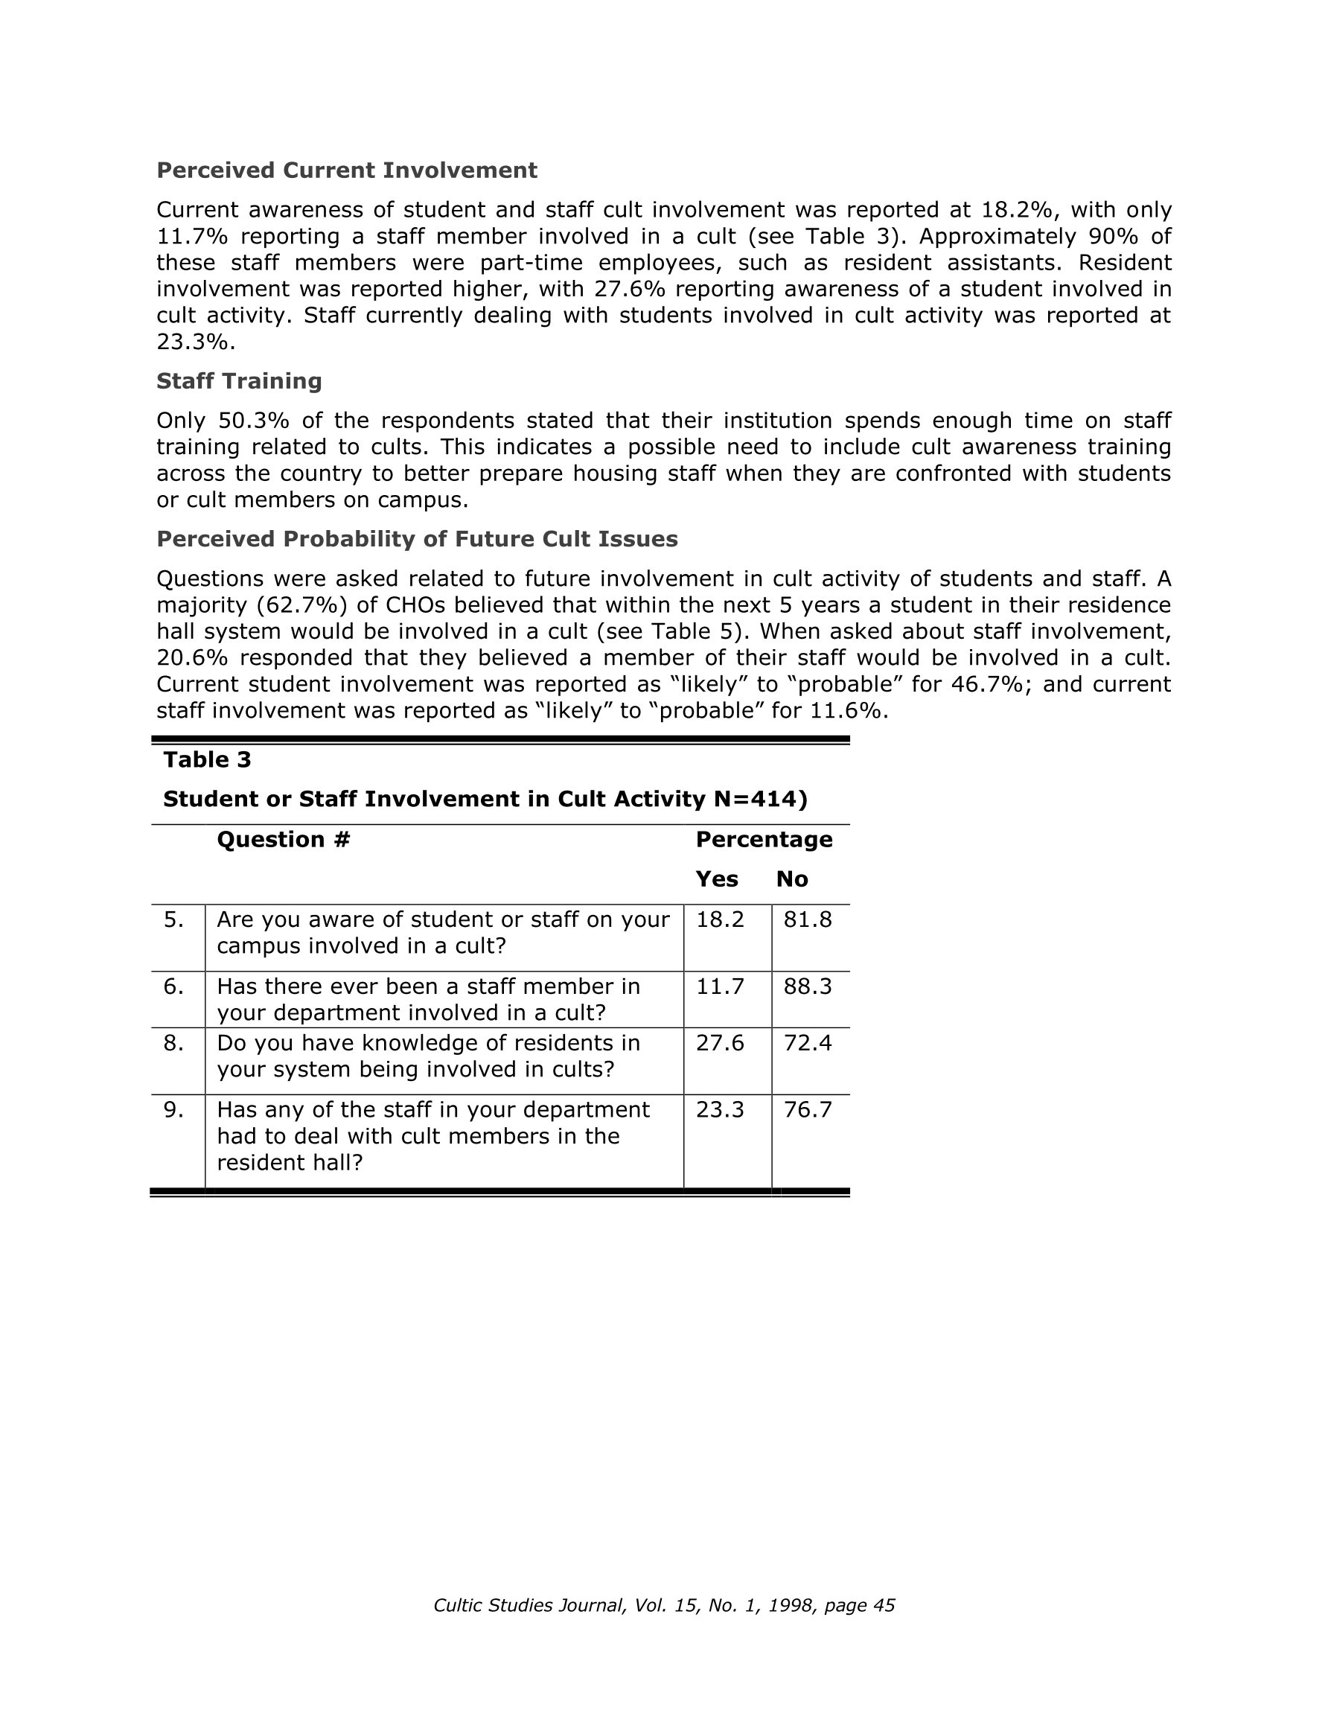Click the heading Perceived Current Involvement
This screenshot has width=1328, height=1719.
pos(346,170)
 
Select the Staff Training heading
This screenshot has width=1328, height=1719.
pos(238,381)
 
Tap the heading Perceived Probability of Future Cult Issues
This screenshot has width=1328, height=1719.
pos(416,539)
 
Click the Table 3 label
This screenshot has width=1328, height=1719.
pos(207,759)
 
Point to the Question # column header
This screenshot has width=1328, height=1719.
pos(283,840)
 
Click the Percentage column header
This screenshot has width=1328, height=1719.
pos(764,840)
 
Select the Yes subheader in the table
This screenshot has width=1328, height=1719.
pos(716,879)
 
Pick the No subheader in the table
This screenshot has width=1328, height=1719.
pos(792,879)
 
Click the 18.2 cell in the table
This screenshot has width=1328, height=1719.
pos(720,919)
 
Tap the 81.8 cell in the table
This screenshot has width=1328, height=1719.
pos(807,919)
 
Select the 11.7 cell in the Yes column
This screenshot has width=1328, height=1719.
pos(720,986)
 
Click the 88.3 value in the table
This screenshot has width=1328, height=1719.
pos(807,986)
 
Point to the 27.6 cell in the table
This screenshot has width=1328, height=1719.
pos(720,1043)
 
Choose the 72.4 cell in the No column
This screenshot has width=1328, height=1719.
pos(807,1043)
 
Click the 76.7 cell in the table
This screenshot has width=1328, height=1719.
pos(807,1110)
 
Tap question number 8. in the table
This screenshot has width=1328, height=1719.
pos(173,1043)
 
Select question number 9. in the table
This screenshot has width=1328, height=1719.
pos(173,1110)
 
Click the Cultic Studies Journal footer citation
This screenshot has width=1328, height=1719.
pos(663,1606)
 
